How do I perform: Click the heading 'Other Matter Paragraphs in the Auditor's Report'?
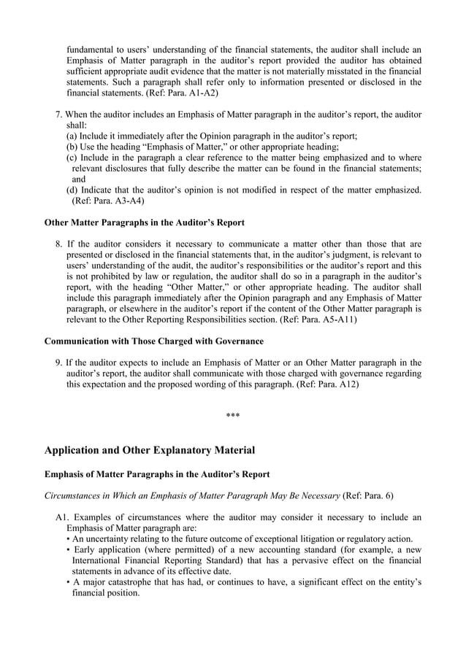click(145, 222)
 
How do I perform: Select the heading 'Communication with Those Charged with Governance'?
click(153, 341)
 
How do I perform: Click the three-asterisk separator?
click(233, 417)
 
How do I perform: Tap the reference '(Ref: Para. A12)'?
click(329, 384)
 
